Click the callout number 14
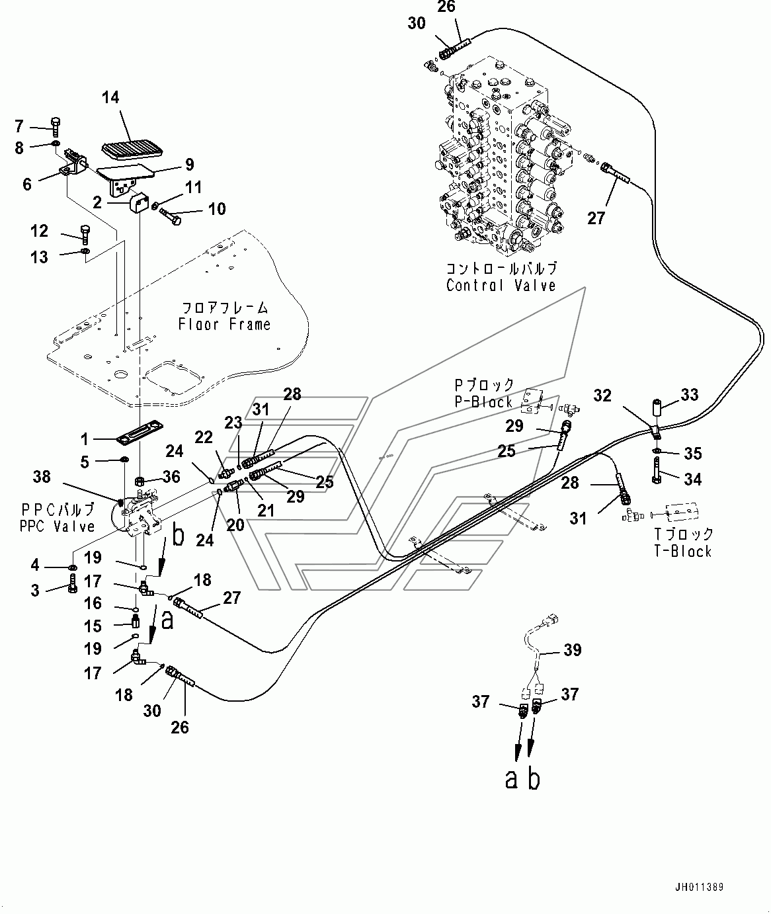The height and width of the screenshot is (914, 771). [x=110, y=97]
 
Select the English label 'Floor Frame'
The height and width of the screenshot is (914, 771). [x=224, y=324]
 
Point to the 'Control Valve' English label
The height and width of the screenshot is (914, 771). [x=501, y=286]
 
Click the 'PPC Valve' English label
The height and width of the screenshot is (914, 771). [x=59, y=526]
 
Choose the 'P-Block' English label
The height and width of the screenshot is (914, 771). [x=483, y=402]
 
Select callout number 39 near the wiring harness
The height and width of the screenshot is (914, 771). [x=572, y=650]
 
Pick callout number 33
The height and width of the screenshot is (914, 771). [x=690, y=395]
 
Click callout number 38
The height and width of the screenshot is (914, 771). [x=41, y=476]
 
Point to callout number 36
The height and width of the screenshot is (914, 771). [x=172, y=476]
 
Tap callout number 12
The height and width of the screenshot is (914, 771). [x=40, y=231]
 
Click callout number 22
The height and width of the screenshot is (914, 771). [x=204, y=437]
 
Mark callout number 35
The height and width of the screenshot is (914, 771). [x=692, y=453]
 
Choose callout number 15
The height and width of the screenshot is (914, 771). [x=93, y=626]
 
